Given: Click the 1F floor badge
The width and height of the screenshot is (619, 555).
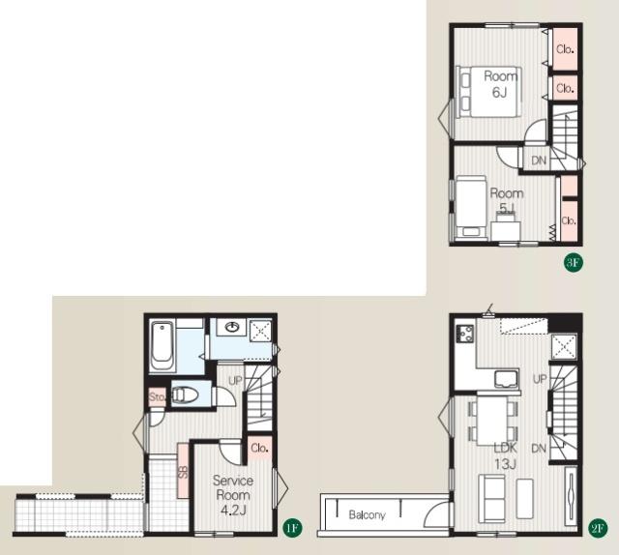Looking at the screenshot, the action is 292,527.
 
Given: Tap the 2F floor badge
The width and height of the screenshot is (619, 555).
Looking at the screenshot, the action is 598,527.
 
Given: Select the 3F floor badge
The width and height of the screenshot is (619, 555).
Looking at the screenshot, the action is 574,262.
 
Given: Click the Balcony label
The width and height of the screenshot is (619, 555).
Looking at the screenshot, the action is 367,514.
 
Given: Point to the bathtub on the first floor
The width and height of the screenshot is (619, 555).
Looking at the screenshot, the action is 162,346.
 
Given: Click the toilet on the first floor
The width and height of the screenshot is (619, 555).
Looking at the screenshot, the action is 185,394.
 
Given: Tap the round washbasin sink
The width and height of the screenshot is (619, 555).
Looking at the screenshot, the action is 232,327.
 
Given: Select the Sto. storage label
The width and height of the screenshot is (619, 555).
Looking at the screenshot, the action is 157,396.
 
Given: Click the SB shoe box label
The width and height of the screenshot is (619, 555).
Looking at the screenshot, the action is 183,472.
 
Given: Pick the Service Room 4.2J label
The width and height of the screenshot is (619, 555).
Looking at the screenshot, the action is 233,495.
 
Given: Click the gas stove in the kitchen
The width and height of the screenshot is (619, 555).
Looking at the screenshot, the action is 464,334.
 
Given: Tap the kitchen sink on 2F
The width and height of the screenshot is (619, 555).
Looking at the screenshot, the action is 507,379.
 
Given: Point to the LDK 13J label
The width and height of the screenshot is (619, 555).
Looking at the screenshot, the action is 505,456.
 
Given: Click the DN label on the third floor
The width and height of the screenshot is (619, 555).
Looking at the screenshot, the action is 539,161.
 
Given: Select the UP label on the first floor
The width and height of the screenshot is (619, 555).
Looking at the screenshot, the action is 235,381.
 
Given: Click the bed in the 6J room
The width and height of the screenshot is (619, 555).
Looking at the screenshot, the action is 488,92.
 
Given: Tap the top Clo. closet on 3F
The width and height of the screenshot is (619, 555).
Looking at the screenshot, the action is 565,49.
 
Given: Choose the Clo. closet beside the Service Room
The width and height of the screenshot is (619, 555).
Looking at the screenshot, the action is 260,448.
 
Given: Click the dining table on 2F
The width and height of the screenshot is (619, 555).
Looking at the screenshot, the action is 492,420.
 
